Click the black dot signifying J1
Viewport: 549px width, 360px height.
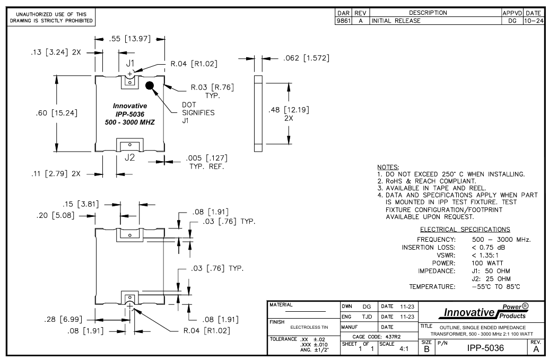point(150,85)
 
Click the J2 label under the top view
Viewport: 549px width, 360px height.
point(129,156)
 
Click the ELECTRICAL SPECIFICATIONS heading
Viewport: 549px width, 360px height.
point(465,230)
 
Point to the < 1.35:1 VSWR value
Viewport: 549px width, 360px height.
point(493,254)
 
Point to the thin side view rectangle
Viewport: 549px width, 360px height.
point(258,111)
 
